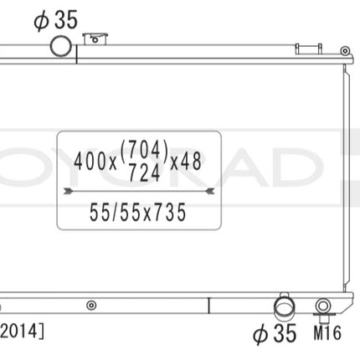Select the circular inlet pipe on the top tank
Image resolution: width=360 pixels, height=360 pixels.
[x=62, y=47]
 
